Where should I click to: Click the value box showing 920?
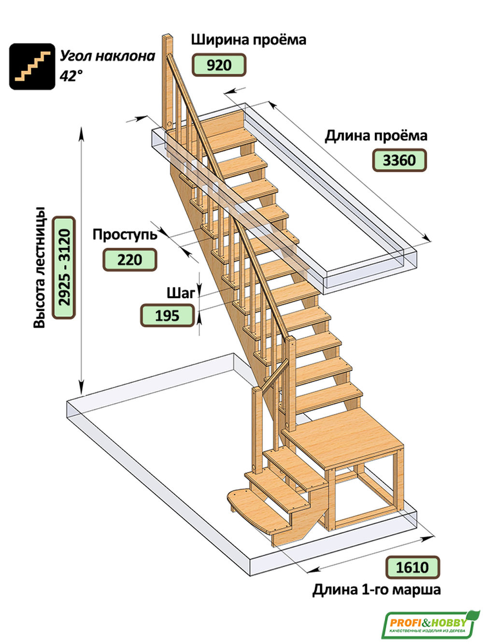tap(219, 65)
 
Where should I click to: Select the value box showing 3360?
tap(399, 160)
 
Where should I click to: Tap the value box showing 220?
tap(129, 259)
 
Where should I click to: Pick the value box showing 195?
tap(167, 315)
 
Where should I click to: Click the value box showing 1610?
tap(412, 567)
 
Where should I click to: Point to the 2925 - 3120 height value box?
tap(64, 267)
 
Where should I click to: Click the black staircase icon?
tap(32, 66)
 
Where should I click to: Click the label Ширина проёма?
tap(248, 39)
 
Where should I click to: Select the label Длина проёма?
tap(375, 136)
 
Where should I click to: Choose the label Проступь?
tap(125, 235)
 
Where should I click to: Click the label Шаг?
tap(180, 293)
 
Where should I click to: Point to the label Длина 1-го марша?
tap(376, 590)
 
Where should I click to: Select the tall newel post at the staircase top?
tap(167, 82)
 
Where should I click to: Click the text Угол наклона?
tap(107, 56)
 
